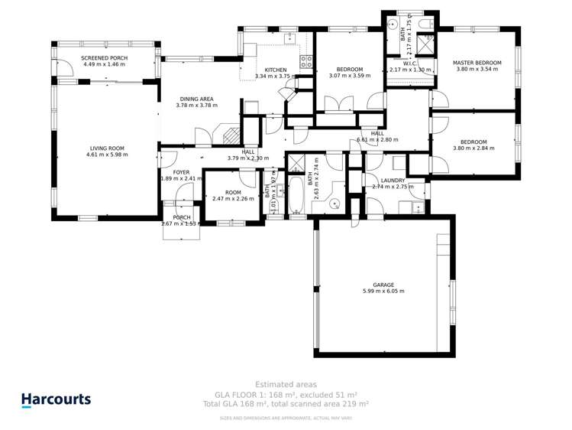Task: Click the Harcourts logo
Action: tap(56, 399)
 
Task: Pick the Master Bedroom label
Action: tap(477, 63)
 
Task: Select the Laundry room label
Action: tap(393, 180)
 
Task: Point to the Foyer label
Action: tap(180, 172)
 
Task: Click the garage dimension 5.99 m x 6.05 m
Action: tap(383, 291)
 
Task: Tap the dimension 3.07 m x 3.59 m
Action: tap(349, 76)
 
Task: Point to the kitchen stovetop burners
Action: tap(305, 62)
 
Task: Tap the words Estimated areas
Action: tap(286, 384)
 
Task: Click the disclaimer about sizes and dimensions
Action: tap(286, 418)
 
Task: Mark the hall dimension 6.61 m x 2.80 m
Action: tap(378, 140)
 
